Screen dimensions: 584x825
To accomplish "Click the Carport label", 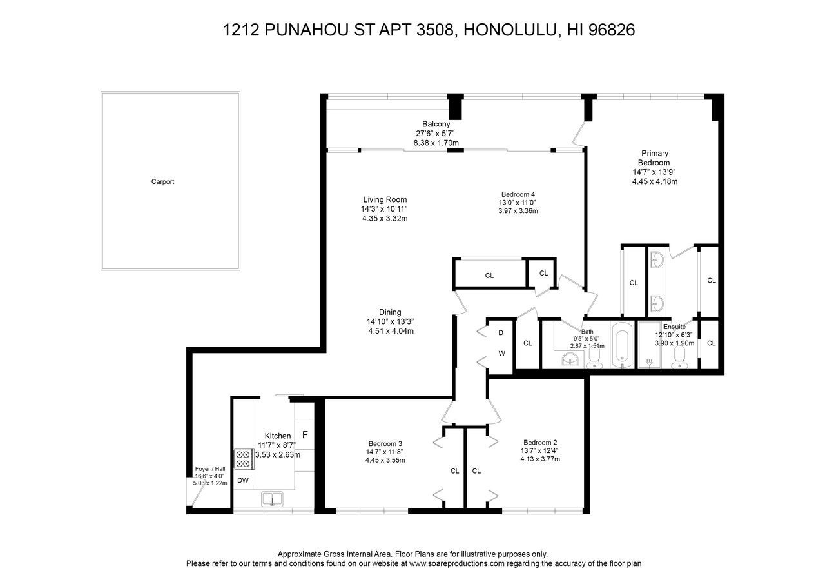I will click(162, 182).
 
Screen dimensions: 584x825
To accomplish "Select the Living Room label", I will click(385, 199).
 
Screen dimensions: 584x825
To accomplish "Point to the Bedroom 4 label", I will click(518, 194).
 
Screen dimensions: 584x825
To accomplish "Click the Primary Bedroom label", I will click(654, 158).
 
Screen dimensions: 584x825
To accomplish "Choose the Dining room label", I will click(390, 312).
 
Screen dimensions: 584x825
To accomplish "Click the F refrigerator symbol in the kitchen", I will click(306, 434).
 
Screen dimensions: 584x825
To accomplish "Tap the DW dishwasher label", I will click(243, 480).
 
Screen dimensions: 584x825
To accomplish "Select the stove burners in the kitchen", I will click(243, 458).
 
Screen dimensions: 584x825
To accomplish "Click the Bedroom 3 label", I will click(385, 443).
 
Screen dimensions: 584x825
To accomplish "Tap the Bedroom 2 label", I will click(540, 442).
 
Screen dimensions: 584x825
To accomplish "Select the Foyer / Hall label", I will click(210, 470).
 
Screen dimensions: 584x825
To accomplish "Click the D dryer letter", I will click(500, 333).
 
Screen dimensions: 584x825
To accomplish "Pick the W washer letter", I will click(500, 354).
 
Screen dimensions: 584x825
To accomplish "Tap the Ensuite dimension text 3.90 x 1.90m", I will click(674, 343).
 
